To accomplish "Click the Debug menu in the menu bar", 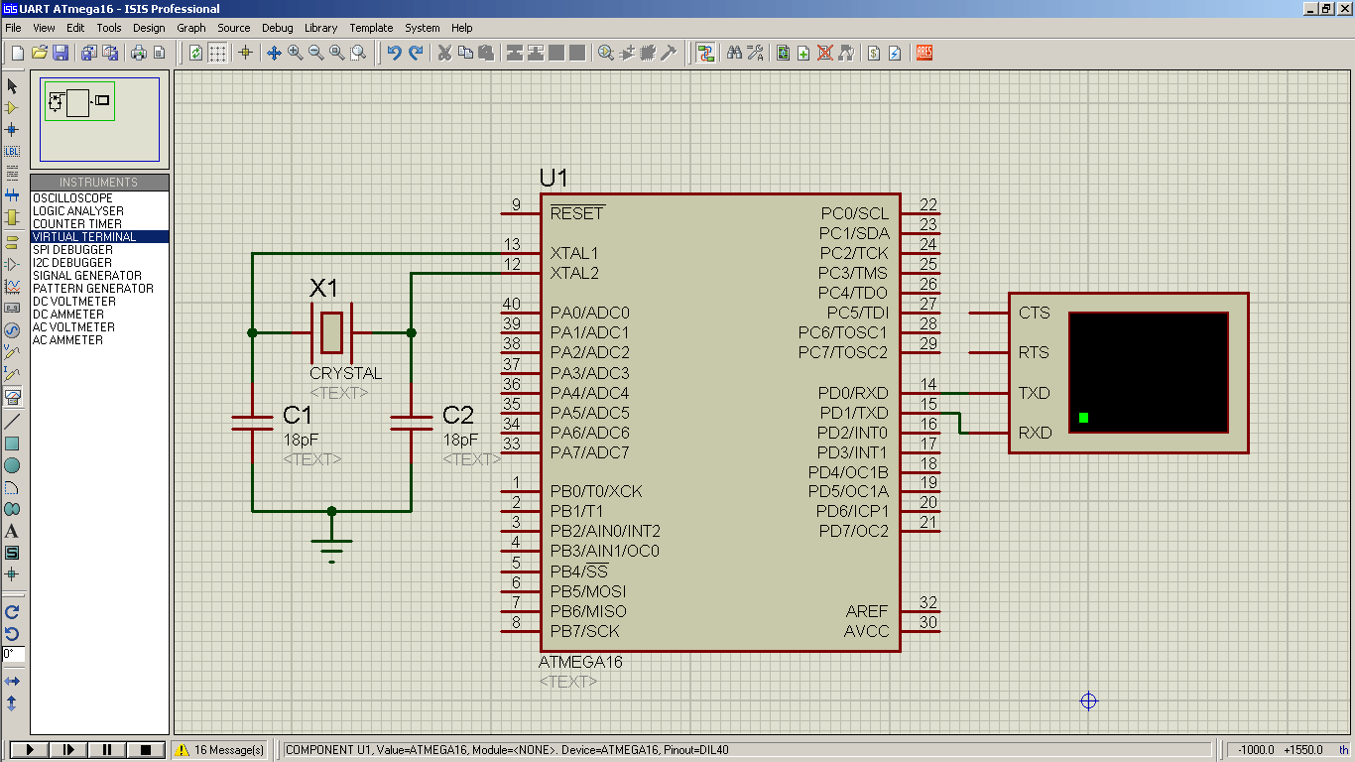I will (x=278, y=28).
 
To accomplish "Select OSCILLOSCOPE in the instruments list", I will (x=72, y=198).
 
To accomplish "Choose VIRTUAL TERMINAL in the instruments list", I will (x=84, y=237).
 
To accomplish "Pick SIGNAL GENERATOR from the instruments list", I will (x=86, y=276).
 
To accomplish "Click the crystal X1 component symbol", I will (x=331, y=332).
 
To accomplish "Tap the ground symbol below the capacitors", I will (x=331, y=548).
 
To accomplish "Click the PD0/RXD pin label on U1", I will (x=853, y=393).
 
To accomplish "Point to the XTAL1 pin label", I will (x=574, y=253).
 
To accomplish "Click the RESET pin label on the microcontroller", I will (x=576, y=213).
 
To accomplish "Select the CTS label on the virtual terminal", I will (x=1034, y=313).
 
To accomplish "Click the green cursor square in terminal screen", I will (x=1083, y=418).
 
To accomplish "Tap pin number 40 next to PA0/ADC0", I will (x=511, y=305).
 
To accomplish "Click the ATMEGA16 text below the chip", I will (x=580, y=662).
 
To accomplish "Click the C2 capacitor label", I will (x=458, y=415).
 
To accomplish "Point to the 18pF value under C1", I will (x=301, y=440).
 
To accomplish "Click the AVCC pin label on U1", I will (x=866, y=631).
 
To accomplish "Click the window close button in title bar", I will (x=1343, y=8).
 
